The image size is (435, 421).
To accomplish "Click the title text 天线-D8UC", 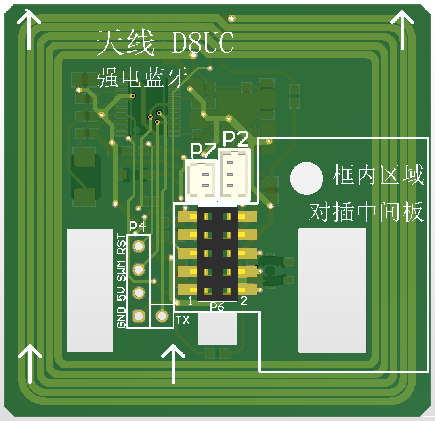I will point(165,43).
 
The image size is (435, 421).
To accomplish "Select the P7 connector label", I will point(203,151).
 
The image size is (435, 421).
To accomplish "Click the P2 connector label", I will point(236,139).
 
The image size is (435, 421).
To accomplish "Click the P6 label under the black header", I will point(217,306).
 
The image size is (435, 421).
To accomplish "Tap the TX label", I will point(183,320).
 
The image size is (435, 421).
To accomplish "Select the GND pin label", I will point(121,317).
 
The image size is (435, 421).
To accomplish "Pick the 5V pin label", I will point(121,293).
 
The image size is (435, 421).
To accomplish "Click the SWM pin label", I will point(121,270).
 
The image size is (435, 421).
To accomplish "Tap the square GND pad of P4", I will point(138,316).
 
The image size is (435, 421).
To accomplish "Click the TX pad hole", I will point(162,316).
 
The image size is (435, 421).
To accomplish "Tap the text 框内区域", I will point(378,175).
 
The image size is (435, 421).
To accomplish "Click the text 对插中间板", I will point(366,213).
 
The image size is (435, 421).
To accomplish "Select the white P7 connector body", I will point(202,180).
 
